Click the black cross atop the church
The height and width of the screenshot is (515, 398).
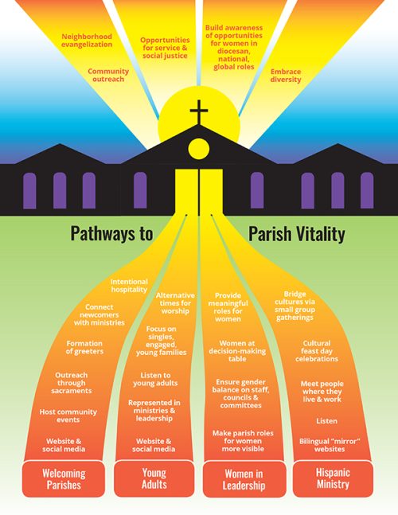[x=199, y=112]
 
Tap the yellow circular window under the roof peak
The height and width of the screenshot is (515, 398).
[x=199, y=149]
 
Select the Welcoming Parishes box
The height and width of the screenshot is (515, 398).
[x=64, y=479]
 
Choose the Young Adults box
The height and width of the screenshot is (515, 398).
[x=154, y=478]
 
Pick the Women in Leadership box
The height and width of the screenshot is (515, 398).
[x=244, y=479]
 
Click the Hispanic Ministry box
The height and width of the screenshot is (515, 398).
[x=333, y=478]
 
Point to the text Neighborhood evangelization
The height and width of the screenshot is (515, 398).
[x=87, y=41]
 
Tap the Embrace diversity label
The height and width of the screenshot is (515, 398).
[x=286, y=76]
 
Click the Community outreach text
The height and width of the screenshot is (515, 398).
[x=108, y=75]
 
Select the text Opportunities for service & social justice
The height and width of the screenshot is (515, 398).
[x=165, y=48]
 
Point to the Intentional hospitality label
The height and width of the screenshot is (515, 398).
[x=129, y=286]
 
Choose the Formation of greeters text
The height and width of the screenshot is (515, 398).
[x=84, y=348]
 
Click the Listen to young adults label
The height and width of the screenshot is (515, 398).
[x=155, y=380]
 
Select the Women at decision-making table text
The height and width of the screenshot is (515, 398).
[x=237, y=351]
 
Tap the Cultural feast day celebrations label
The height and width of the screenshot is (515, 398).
[x=317, y=351]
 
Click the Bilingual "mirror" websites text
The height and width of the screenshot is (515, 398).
[x=330, y=445]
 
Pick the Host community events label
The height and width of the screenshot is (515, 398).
[x=68, y=416]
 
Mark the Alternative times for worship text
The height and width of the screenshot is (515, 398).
[x=175, y=303]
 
